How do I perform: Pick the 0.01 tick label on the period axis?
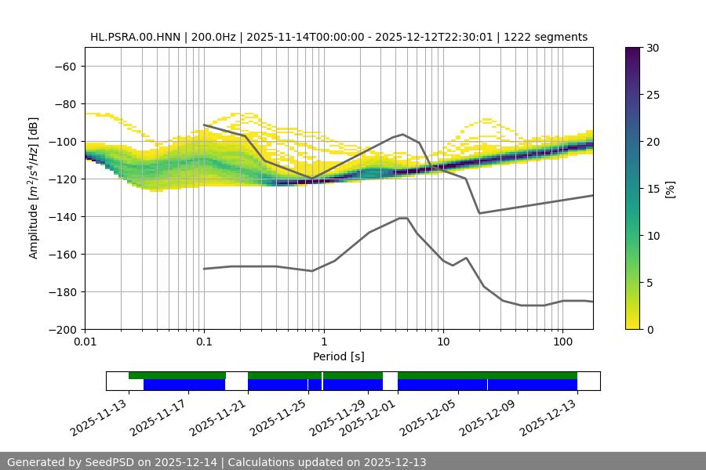click(85, 342)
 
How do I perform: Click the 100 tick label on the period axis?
click(562, 342)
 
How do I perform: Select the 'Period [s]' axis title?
click(338, 356)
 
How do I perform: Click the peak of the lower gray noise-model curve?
click(403, 218)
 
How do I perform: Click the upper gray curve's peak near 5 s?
click(403, 134)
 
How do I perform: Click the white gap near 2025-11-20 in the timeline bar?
click(237, 381)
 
